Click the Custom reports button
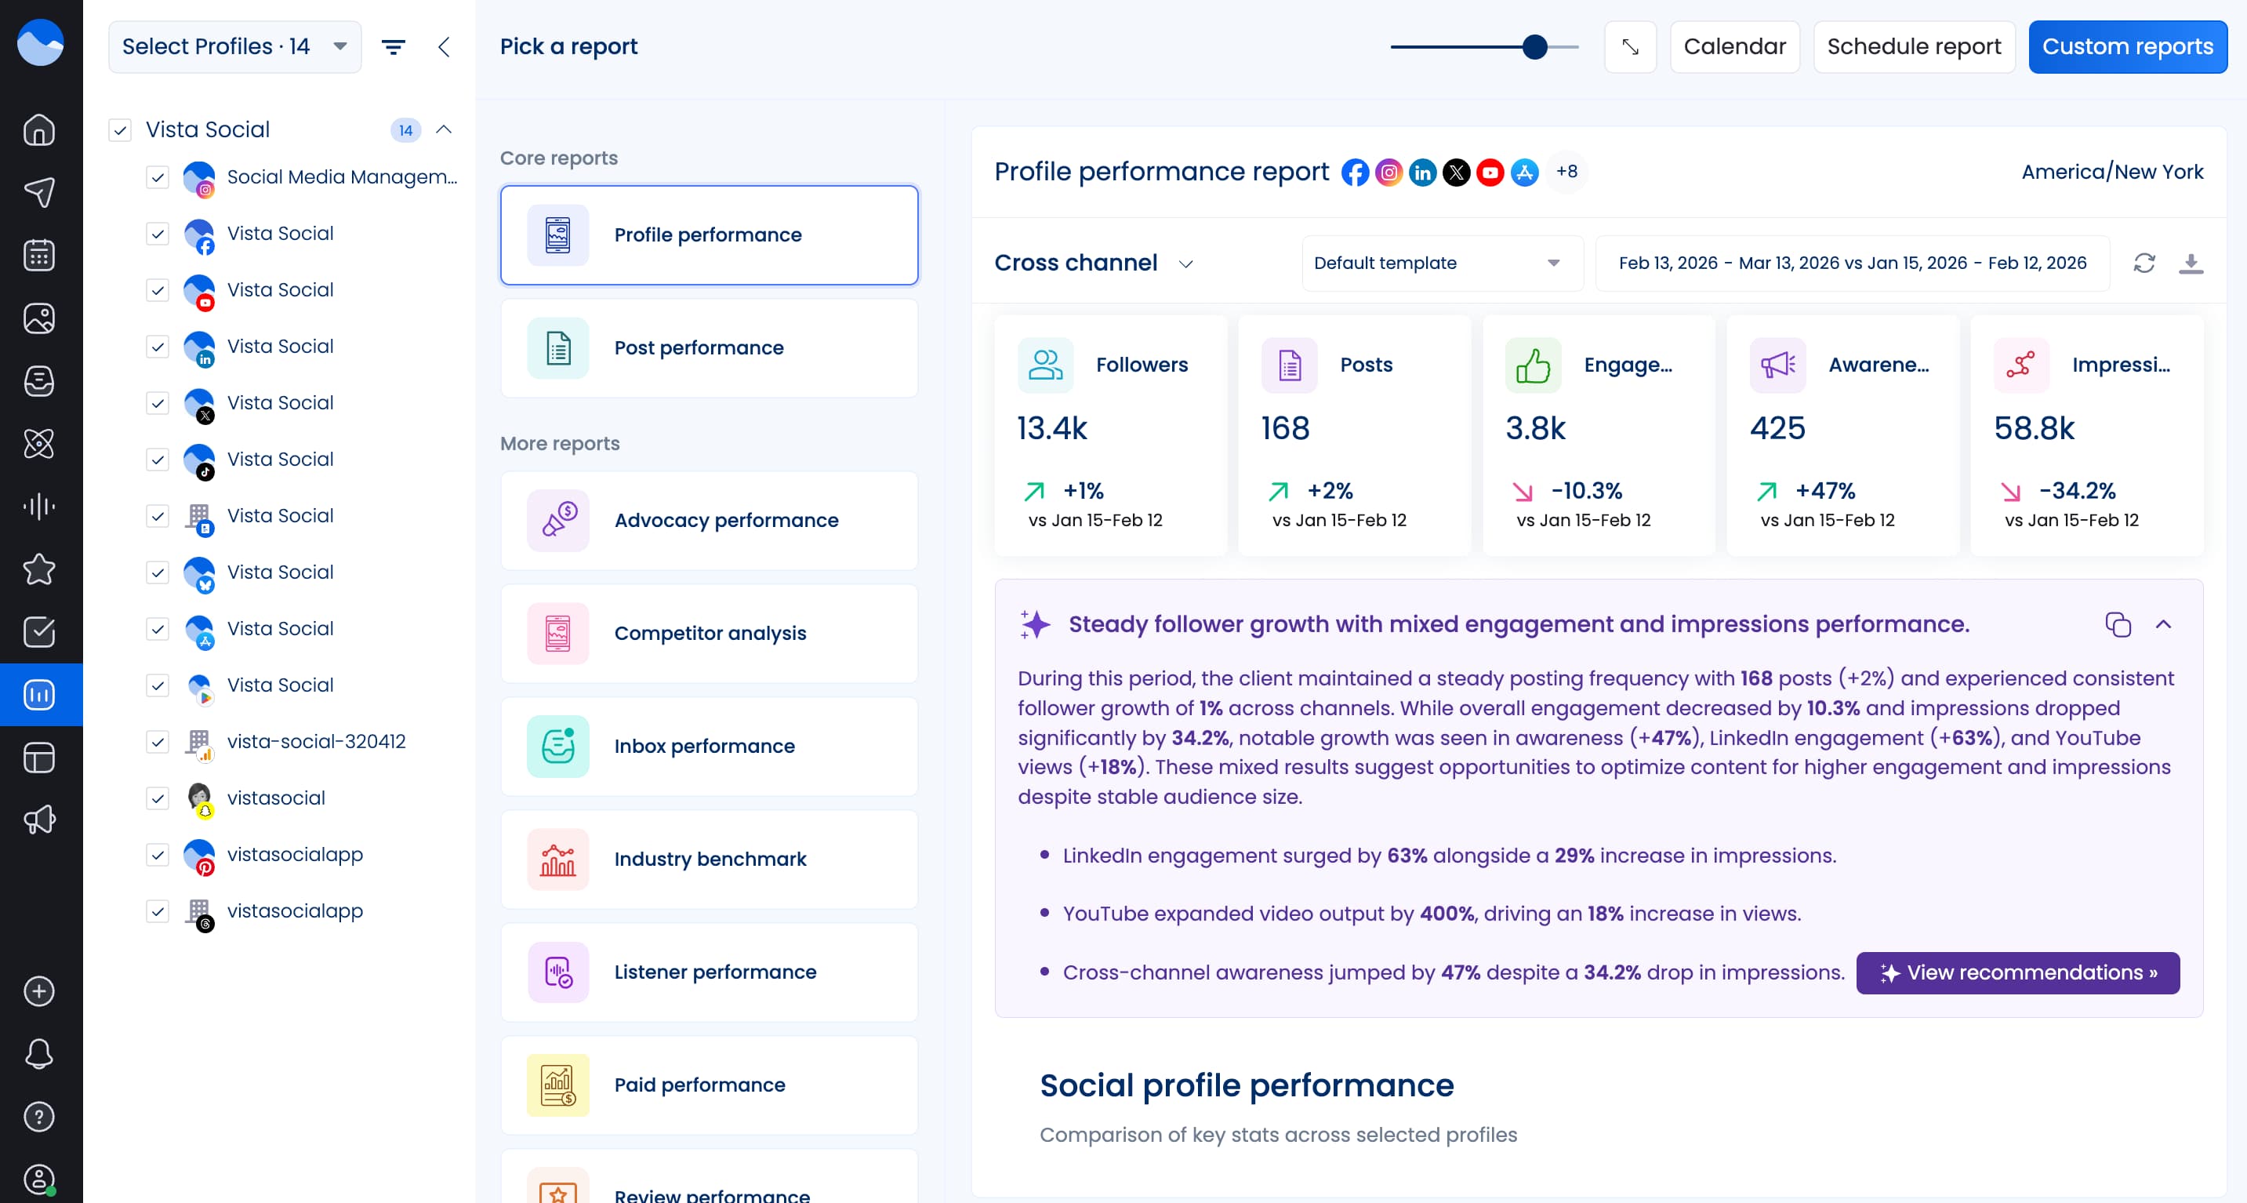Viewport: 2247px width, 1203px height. pyautogui.click(x=2126, y=46)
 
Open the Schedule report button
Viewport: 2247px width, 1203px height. pyautogui.click(x=1913, y=46)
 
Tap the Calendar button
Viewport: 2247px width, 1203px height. pyautogui.click(x=1733, y=46)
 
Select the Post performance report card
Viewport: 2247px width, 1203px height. pyautogui.click(x=708, y=348)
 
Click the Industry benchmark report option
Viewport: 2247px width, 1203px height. pyautogui.click(x=708, y=860)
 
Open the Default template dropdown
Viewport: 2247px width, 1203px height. pyautogui.click(x=1441, y=263)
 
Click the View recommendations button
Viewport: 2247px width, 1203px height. pyautogui.click(x=2016, y=972)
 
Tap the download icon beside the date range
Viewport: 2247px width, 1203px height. pyautogui.click(x=2191, y=263)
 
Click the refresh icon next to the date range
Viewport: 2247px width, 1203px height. pyautogui.click(x=2144, y=263)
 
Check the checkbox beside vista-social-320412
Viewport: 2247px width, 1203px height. pyautogui.click(x=157, y=743)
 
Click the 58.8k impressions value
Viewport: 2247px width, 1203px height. pyautogui.click(x=2033, y=428)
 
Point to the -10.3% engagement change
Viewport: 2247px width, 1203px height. pyautogui.click(x=1586, y=491)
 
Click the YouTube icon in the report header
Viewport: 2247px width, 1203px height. pyautogui.click(x=1489, y=172)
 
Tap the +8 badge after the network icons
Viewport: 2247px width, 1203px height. pyautogui.click(x=1566, y=172)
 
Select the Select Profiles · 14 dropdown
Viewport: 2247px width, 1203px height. pyautogui.click(x=234, y=46)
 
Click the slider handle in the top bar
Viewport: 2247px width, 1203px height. pyautogui.click(x=1534, y=46)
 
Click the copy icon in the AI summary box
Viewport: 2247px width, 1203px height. pyautogui.click(x=2117, y=624)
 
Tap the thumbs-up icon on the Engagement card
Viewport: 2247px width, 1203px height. pyautogui.click(x=1533, y=365)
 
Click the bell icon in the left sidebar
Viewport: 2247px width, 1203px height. pyautogui.click(x=39, y=1054)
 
